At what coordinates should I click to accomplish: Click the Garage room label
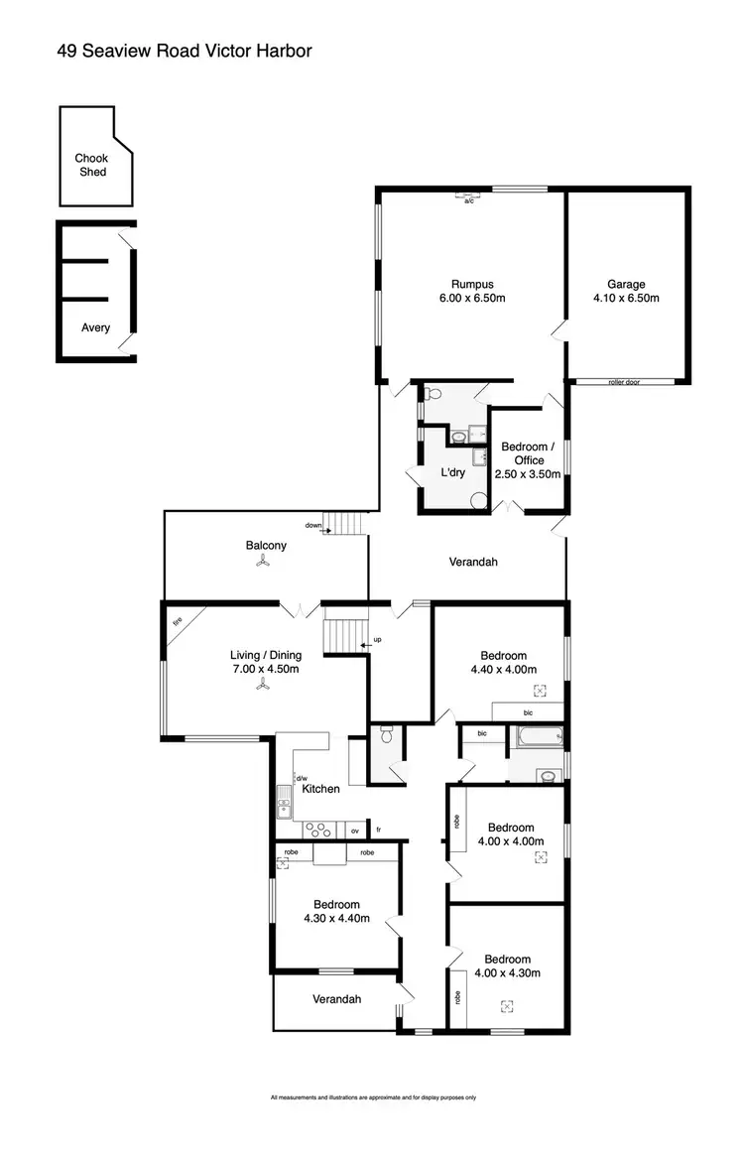[x=627, y=291]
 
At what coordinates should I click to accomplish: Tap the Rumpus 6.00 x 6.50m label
[x=472, y=291]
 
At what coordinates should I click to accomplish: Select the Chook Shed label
[x=90, y=165]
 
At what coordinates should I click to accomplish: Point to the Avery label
[x=96, y=327]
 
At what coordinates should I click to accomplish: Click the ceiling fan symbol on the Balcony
[x=262, y=562]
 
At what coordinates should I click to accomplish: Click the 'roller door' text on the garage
[x=625, y=382]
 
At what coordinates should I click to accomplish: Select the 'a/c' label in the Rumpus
[x=469, y=201]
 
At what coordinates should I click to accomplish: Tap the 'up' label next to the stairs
[x=377, y=639]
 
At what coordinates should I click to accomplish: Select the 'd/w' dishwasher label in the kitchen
[x=302, y=778]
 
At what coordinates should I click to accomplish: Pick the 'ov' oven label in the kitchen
[x=354, y=829]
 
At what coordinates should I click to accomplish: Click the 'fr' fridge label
[x=378, y=829]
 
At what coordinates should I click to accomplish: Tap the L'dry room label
[x=451, y=472]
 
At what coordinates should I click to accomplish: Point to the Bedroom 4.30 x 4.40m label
[x=336, y=911]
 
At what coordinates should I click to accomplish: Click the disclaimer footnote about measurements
[x=373, y=1097]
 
